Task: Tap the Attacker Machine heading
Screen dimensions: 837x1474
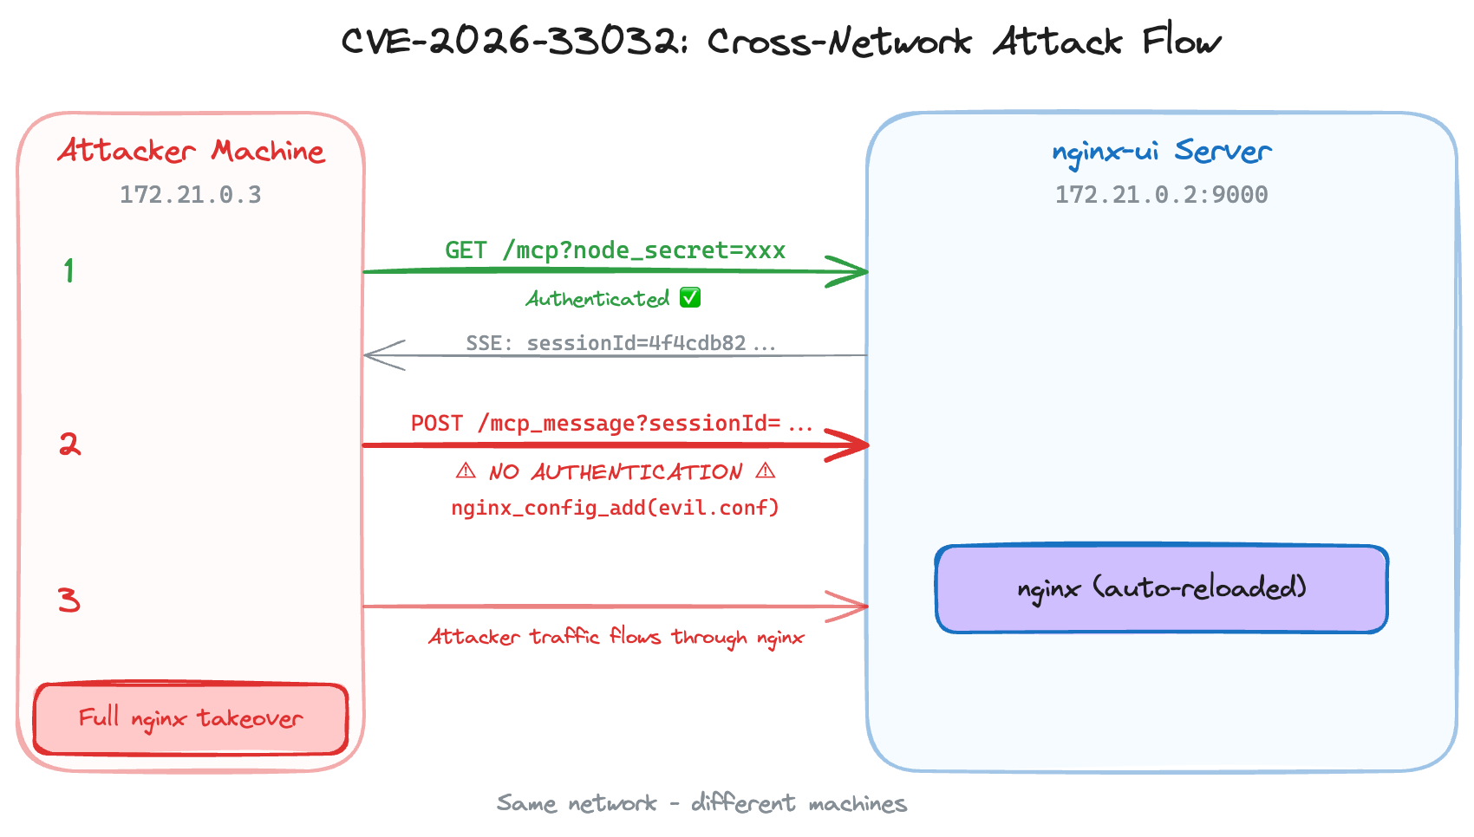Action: (191, 151)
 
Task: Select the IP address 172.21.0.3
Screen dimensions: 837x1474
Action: (190, 194)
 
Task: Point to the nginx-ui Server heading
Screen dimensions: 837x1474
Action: (1161, 151)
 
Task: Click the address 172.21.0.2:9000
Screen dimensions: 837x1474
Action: (1161, 194)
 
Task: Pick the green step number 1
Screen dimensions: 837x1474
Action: (68, 270)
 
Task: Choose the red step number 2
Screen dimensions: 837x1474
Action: (69, 444)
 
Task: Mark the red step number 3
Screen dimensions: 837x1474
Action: (69, 600)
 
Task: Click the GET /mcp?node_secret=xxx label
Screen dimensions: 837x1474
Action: (615, 250)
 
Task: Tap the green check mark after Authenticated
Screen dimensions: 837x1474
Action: (690, 298)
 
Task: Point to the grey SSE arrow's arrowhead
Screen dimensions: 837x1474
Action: (382, 355)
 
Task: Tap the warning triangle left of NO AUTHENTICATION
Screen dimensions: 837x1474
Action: (466, 471)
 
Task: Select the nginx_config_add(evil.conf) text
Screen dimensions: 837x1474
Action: (615, 507)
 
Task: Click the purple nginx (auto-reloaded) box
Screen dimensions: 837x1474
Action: (1161, 588)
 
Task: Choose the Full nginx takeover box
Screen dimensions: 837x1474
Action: (191, 718)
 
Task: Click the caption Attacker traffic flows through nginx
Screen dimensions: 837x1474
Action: (616, 637)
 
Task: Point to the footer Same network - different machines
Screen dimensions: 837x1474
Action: (701, 803)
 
